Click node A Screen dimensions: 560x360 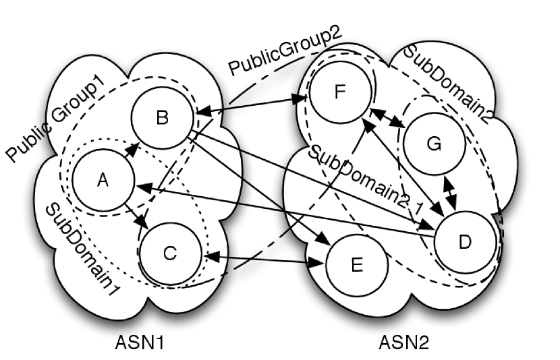[x=104, y=179]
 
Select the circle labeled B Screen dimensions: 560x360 [x=163, y=117]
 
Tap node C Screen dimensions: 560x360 [x=170, y=253]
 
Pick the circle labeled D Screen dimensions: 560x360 [x=465, y=242]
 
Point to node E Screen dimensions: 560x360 [x=357, y=265]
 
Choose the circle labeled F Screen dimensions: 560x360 [x=340, y=92]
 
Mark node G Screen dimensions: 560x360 [x=435, y=144]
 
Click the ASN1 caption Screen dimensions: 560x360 [x=140, y=342]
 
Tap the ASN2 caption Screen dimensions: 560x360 [x=404, y=342]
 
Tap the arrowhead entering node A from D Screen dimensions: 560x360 [x=144, y=187]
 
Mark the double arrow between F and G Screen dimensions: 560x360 [x=387, y=117]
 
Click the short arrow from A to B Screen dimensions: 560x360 [x=131, y=150]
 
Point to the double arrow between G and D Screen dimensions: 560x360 [x=450, y=193]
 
